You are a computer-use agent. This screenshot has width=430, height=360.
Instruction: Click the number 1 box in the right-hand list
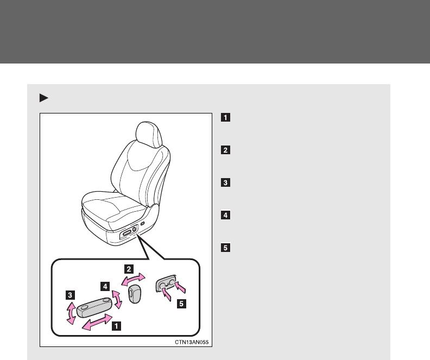click(x=225, y=117)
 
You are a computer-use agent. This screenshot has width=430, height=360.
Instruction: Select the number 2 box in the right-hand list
click(x=225, y=150)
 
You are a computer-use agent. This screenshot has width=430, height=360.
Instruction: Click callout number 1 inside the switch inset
click(x=117, y=327)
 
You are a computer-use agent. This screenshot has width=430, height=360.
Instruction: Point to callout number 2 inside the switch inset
click(x=129, y=269)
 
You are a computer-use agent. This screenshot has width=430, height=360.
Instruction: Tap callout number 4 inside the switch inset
click(x=105, y=285)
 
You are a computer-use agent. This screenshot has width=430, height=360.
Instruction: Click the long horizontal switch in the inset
click(x=93, y=308)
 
